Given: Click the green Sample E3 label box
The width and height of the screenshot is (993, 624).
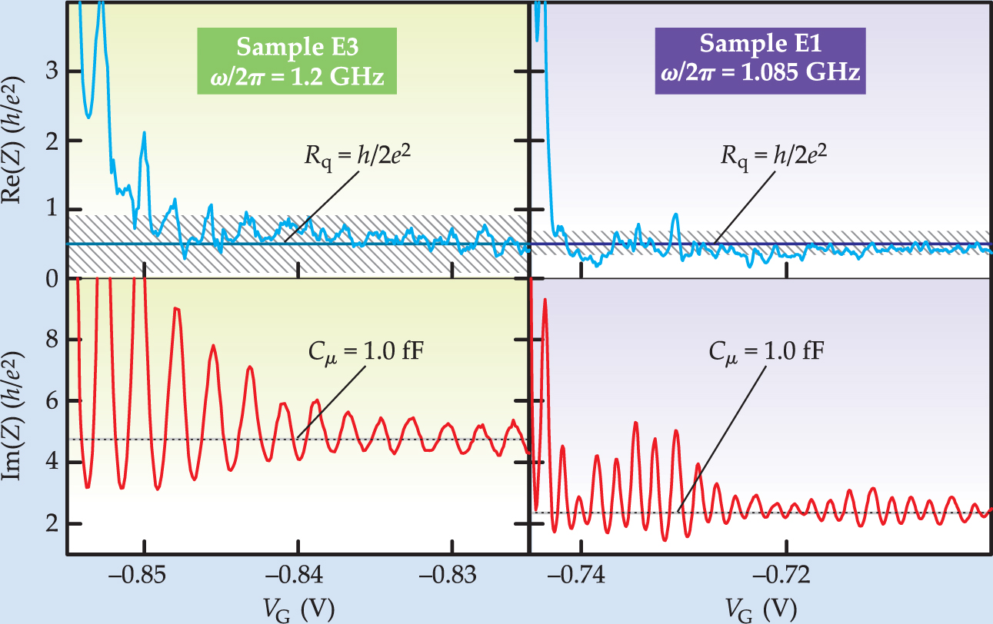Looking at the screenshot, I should point(296,61).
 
